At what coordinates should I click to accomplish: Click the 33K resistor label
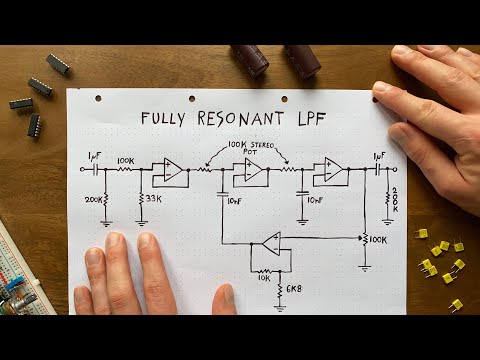point(155,199)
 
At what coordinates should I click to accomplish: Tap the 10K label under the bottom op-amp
point(263,278)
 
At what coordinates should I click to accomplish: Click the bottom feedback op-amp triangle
point(267,244)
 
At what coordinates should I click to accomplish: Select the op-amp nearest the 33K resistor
point(171,171)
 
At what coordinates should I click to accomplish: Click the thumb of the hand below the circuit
point(224,297)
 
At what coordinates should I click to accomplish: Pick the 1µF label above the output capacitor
point(379,156)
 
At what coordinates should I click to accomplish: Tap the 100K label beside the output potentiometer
point(377,241)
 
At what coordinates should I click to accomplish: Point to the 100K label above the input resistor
point(127,159)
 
